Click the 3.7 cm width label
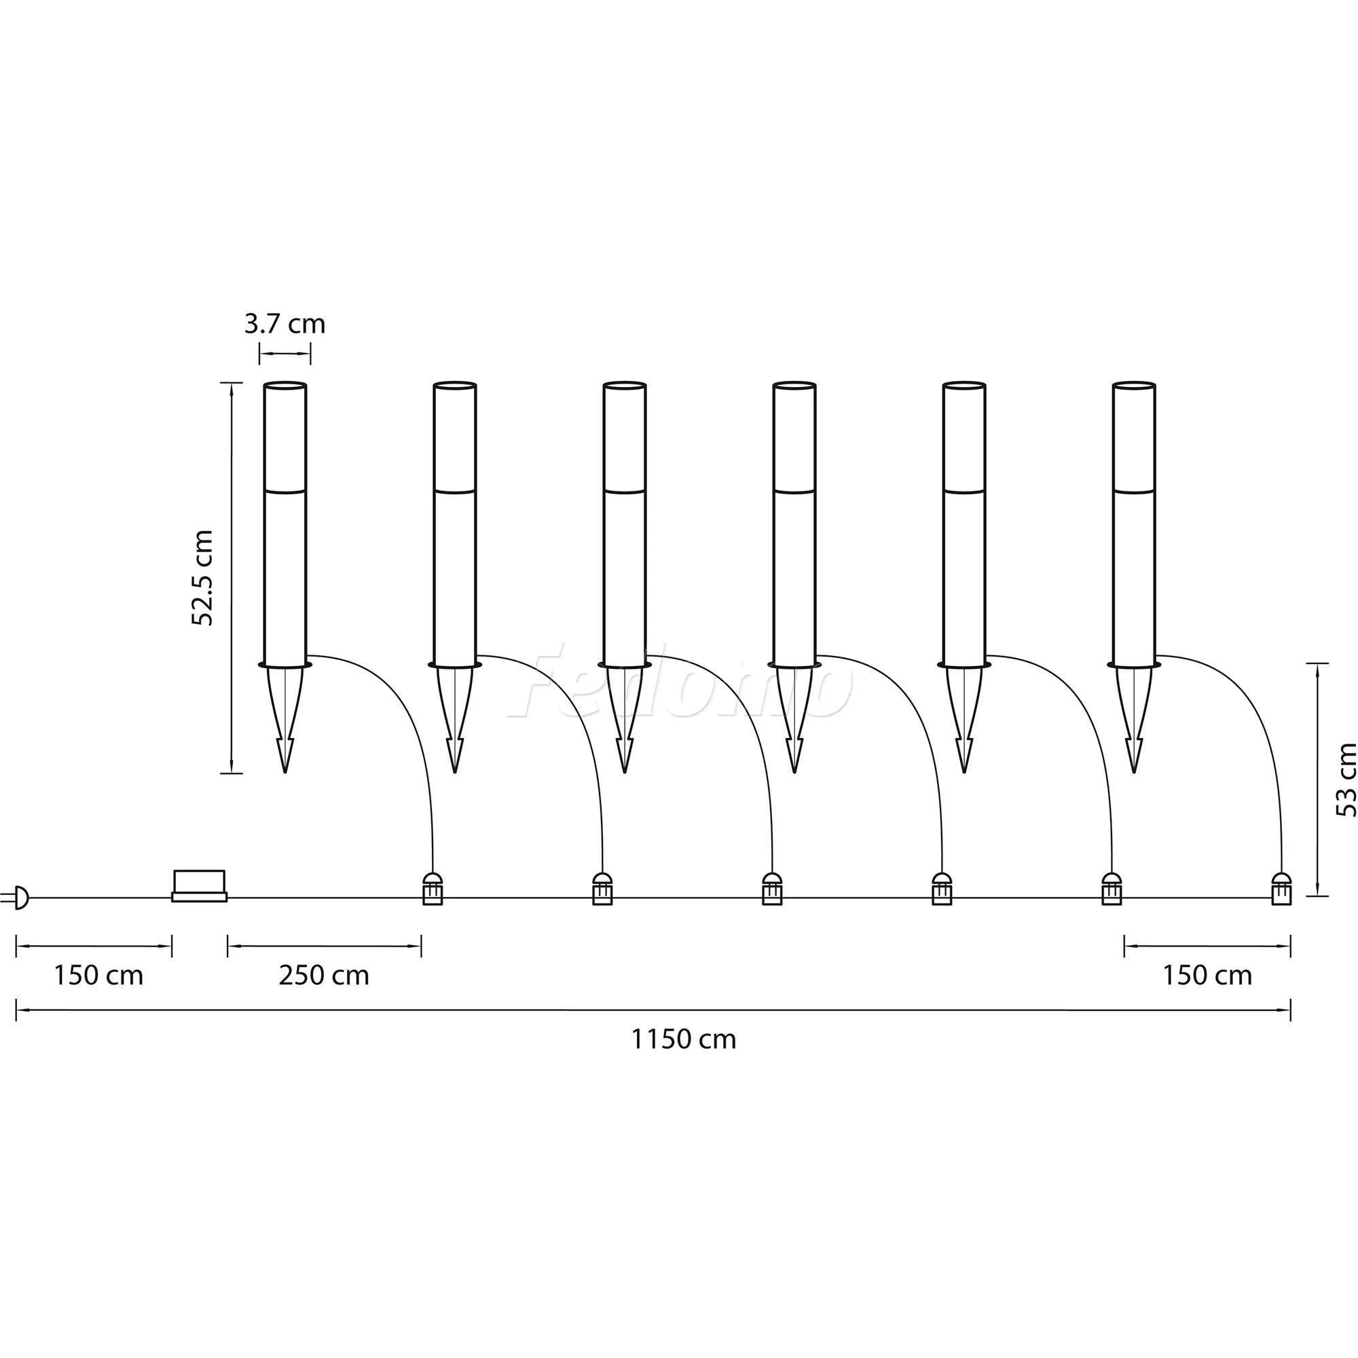coord(285,324)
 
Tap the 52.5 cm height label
coord(202,578)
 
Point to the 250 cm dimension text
coord(324,976)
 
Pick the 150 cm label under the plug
coord(98,976)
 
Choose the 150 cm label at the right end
coord(1207,976)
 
